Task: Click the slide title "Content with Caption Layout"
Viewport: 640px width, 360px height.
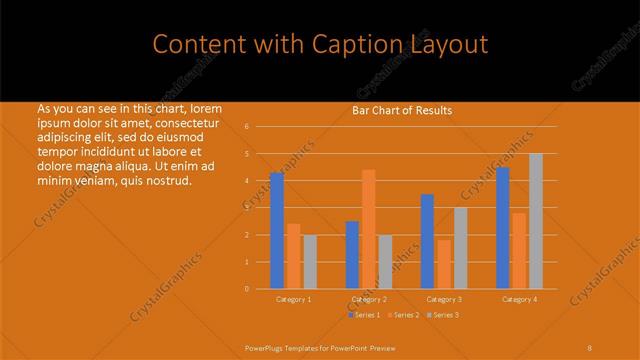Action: pos(320,45)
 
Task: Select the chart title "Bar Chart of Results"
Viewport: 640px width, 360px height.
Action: pos(402,110)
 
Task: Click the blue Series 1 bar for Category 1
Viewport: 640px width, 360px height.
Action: pos(277,231)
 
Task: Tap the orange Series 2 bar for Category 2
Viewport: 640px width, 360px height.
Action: pos(369,229)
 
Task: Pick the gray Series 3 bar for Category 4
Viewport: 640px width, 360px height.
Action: pos(536,221)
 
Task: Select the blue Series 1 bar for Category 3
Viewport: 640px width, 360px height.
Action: pos(427,241)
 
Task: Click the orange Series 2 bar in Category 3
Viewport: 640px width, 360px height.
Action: pos(444,264)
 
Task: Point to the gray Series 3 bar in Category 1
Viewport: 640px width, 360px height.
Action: pos(310,262)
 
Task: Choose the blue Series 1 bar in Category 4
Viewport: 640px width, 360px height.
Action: pos(503,228)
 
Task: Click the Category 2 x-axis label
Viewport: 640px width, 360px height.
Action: pos(369,299)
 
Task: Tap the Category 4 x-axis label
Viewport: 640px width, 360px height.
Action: pos(519,299)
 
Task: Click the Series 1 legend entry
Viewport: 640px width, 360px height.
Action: pos(364,315)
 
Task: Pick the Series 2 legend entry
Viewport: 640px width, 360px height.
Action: pos(402,315)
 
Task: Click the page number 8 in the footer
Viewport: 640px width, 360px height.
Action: pos(590,347)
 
